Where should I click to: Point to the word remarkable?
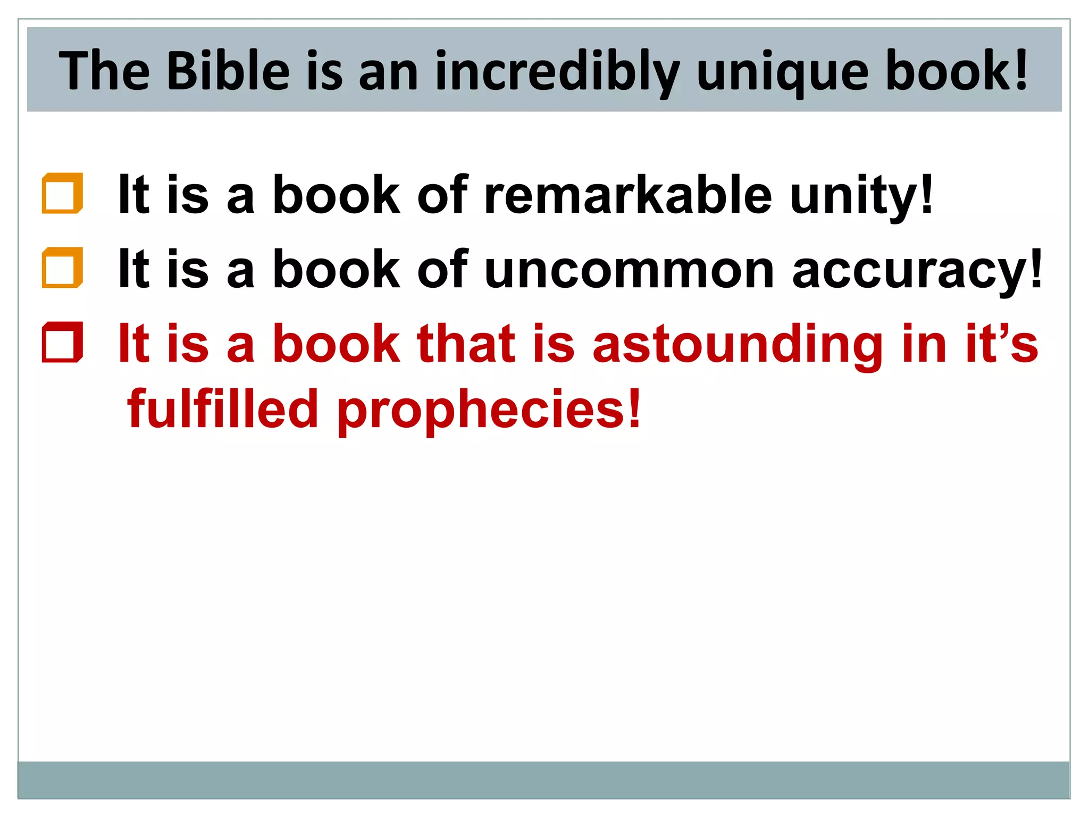628,195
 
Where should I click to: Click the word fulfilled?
223,409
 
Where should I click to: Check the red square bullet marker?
62,343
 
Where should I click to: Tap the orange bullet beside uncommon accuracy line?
62,268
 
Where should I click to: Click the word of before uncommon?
442,270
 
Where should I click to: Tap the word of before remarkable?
442,195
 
